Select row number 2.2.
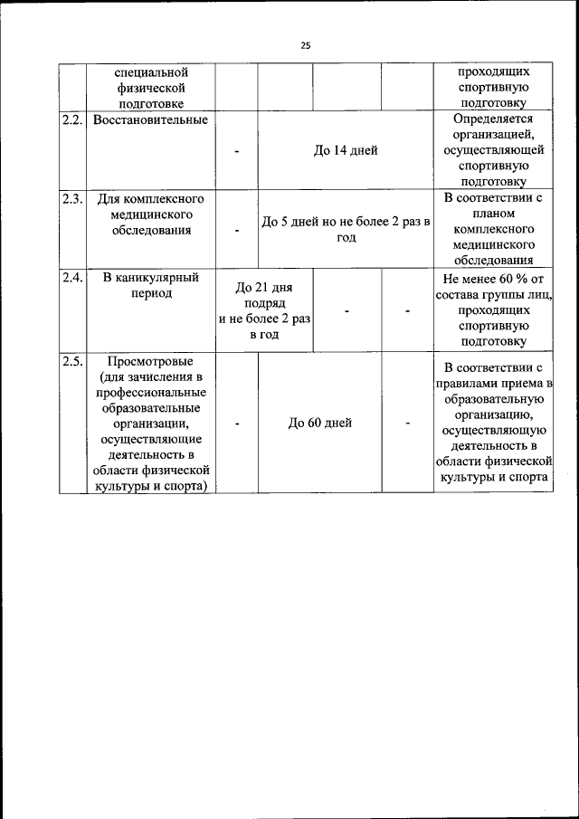tap(71, 120)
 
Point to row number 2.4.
tap(71, 278)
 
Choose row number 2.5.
tap(71, 362)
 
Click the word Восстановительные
tap(149, 120)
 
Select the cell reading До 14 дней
tap(346, 151)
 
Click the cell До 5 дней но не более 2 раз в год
tap(346, 229)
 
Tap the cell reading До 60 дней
tap(320, 423)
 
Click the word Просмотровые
tap(149, 362)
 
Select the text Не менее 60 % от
tap(493, 280)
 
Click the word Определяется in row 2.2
tap(493, 119)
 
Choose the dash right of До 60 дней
tap(407, 423)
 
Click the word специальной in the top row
tap(150, 71)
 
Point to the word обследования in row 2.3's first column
tap(150, 231)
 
